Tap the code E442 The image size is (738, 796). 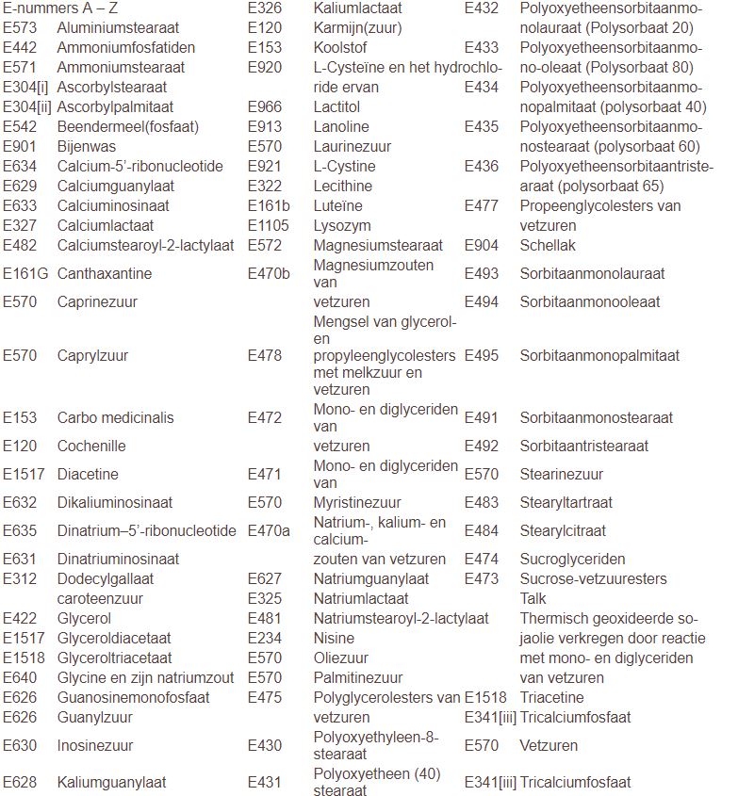click(20, 47)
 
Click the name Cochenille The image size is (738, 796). click(91, 446)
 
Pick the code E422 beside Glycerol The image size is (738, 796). click(20, 619)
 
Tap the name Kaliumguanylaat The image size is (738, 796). click(111, 782)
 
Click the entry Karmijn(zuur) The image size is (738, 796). click(357, 27)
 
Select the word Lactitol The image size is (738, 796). click(336, 106)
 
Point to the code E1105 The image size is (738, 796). click(269, 225)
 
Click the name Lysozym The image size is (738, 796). click(342, 225)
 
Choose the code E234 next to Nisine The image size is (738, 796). click(265, 638)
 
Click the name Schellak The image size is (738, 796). click(548, 245)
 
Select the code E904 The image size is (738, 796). click(482, 245)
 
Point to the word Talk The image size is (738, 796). click(533, 598)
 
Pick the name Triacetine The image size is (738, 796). click(552, 697)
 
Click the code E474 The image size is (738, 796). click(482, 559)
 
